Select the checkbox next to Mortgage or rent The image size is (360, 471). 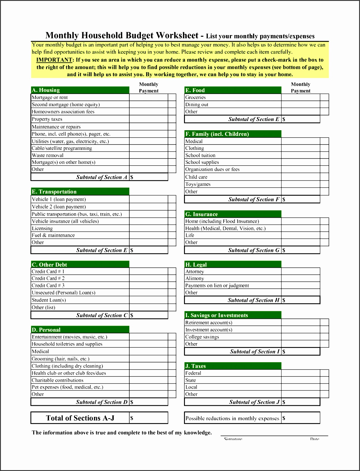172,97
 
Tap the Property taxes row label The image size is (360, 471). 47,119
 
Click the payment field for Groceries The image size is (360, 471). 300,97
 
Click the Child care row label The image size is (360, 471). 196,177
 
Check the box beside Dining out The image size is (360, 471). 324,104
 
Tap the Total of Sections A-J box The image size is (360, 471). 80,418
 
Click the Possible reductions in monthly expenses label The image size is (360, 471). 232,418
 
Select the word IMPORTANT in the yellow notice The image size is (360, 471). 54,60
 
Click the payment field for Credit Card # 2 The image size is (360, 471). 148,278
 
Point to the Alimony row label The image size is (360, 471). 195,278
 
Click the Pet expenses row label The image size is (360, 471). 67,387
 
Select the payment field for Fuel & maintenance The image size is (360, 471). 148,235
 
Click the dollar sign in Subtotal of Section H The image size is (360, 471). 284,300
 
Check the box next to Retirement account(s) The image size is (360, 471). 324,323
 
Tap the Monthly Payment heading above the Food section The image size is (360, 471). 300,87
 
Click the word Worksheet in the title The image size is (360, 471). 177,35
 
